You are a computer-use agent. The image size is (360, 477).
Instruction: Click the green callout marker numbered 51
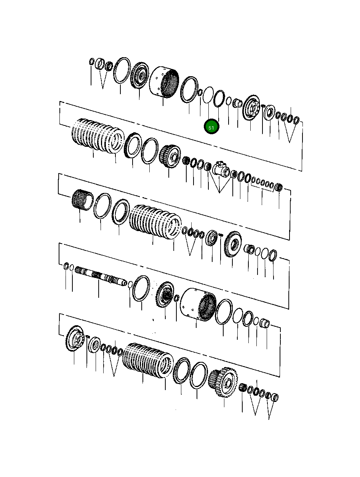[x=211, y=127]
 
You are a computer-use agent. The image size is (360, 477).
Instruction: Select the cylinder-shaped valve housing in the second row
[x=221, y=168]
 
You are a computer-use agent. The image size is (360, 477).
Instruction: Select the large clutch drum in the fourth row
[x=198, y=303]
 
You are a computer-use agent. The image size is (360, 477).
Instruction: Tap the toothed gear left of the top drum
[x=139, y=76]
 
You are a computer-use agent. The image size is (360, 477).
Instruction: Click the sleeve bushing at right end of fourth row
[x=265, y=324]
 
